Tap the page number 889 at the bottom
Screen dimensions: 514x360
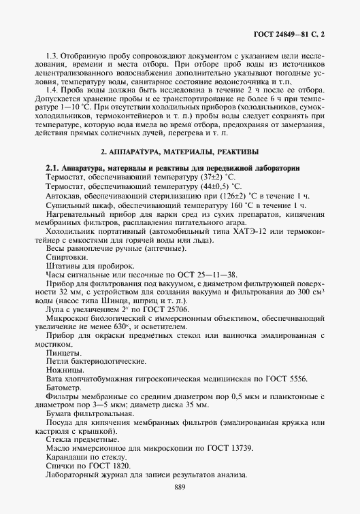pyautogui.click(x=180, y=487)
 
